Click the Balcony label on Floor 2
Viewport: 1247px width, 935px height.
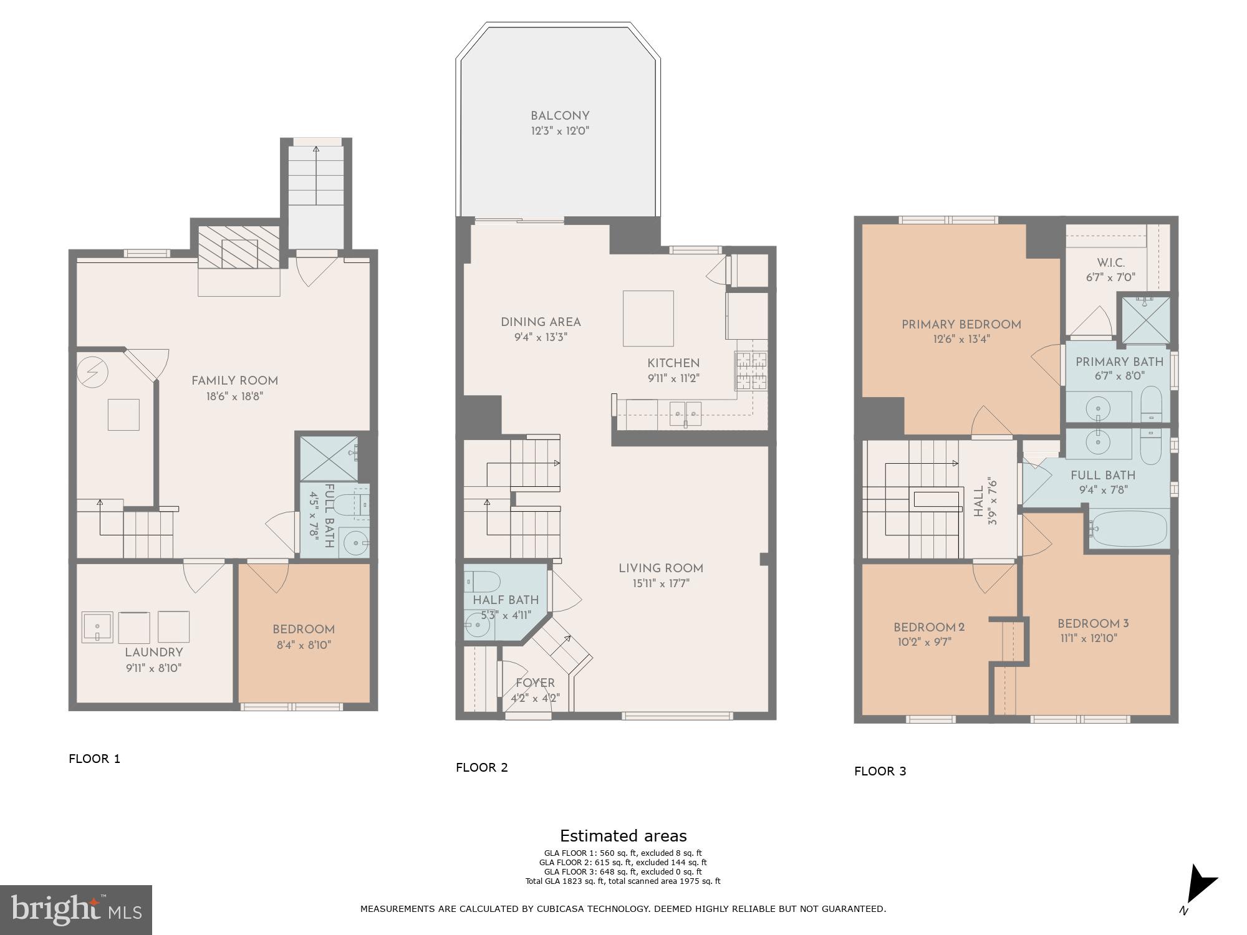559,116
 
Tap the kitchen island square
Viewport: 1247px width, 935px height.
648,318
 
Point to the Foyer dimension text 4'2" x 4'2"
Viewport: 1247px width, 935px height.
535,698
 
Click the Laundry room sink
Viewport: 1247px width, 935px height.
97,627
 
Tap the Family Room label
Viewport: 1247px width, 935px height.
234,381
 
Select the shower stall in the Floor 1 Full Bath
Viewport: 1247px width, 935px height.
329,459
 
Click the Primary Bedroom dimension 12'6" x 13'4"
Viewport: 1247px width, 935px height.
961,340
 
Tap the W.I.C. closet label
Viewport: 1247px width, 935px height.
1110,263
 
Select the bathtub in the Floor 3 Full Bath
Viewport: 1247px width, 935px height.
1129,529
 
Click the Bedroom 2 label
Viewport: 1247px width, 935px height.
928,628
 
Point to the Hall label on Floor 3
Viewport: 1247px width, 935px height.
978,501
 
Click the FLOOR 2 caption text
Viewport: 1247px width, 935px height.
481,768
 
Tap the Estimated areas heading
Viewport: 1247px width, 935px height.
623,836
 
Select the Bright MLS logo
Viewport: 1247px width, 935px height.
75,909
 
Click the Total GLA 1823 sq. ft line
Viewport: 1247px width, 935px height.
623,881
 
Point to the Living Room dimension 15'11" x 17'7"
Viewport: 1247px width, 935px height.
660,584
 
